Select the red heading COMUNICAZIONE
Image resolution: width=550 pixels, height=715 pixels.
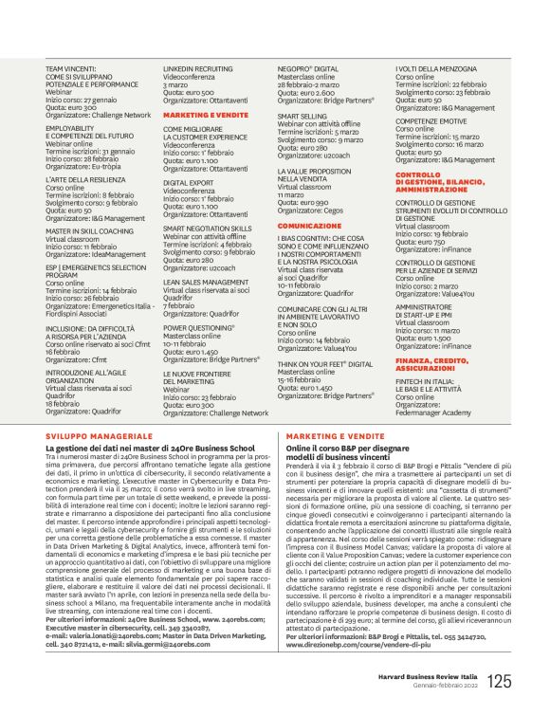click(309, 226)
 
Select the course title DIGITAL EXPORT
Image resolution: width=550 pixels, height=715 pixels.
click(189, 183)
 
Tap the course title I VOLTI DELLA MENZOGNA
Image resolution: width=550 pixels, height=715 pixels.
click(438, 70)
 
